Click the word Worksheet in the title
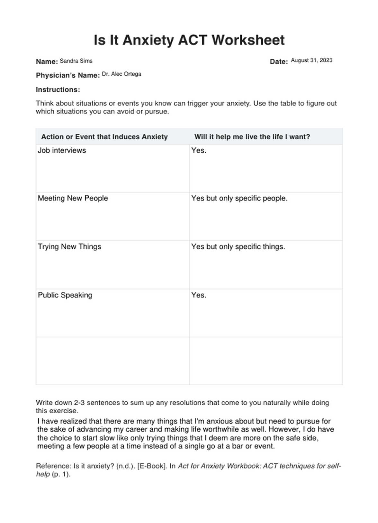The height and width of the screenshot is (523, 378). click(248, 40)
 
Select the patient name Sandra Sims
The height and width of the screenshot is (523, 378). click(76, 61)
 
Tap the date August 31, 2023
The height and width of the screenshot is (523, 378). click(311, 60)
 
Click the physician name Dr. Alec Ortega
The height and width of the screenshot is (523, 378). click(122, 74)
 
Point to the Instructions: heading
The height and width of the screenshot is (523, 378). click(58, 90)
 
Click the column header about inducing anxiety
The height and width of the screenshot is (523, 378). click(104, 137)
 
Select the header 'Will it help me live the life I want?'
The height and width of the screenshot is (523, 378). click(252, 137)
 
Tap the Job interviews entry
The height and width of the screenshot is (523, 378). click(62, 150)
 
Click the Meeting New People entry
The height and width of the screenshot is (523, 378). click(73, 198)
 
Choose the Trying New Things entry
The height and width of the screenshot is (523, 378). click(69, 247)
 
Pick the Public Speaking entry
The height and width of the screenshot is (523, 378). click(65, 295)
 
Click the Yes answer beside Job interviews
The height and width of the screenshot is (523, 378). click(199, 150)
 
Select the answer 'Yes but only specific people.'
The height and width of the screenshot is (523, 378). click(239, 198)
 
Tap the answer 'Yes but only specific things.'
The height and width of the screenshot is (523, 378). click(238, 247)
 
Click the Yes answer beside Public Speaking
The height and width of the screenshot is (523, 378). click(199, 295)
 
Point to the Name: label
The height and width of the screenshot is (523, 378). click(47, 62)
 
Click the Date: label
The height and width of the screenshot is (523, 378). click(279, 62)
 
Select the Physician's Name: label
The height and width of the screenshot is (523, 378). click(68, 75)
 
